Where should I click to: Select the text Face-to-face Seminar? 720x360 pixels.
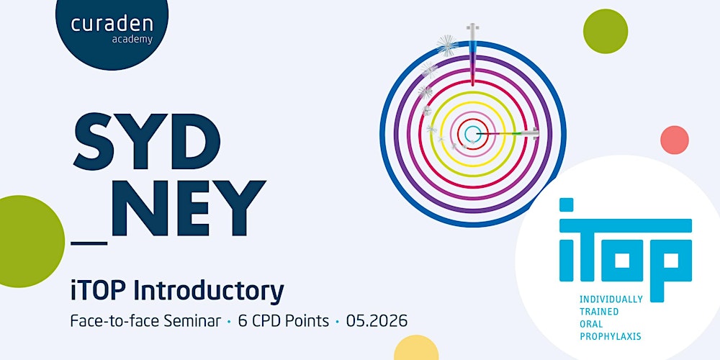coord(145,320)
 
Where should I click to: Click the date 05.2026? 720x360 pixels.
coord(376,320)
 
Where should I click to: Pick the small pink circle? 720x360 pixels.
coord(675,140)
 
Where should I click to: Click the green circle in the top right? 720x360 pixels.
coord(606,31)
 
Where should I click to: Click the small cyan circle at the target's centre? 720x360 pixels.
coord(472,133)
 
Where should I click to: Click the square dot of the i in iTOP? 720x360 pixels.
coord(567,205)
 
